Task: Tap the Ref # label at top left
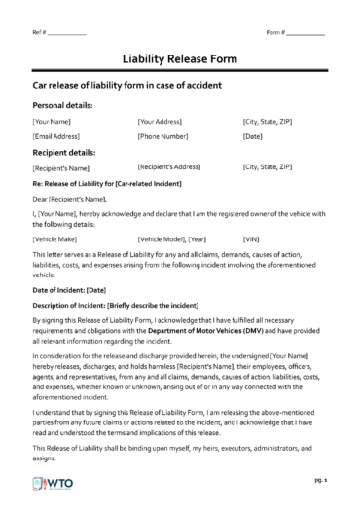pos(41,33)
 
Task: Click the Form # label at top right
pos(274,33)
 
